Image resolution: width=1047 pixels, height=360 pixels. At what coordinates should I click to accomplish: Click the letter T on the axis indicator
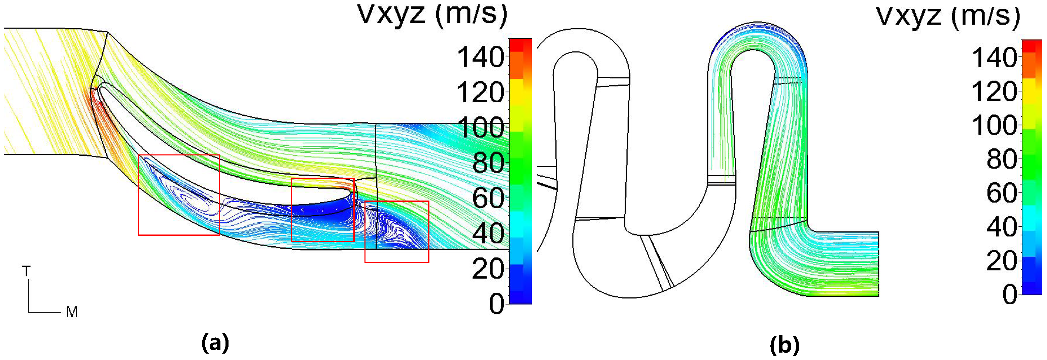[26, 271]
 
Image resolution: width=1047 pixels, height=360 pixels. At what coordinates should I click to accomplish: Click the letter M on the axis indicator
[72, 312]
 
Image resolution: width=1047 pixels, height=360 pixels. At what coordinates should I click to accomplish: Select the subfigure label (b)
[785, 346]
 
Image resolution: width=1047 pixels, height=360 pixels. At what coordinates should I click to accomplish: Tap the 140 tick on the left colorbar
[481, 57]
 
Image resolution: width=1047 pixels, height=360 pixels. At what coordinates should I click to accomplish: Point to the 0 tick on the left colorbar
[496, 303]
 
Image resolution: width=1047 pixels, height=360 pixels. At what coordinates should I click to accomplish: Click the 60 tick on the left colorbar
[488, 198]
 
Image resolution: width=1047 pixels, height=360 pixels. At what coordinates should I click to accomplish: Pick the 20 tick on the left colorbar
[488, 268]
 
